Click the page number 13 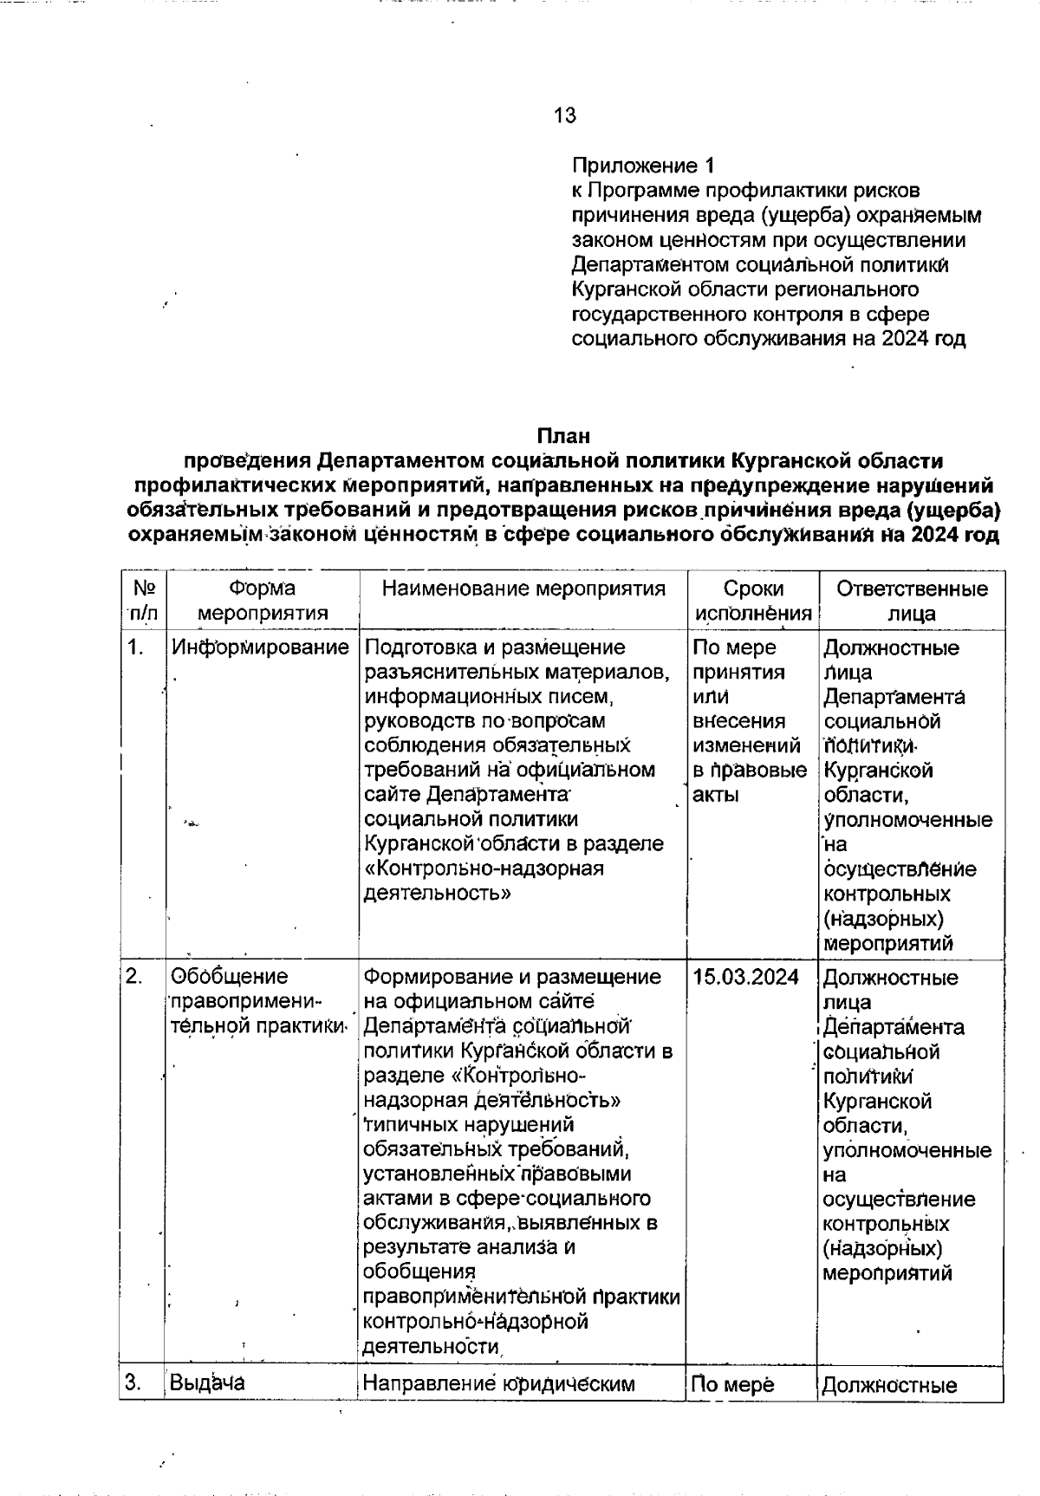click(564, 115)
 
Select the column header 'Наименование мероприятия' click(523, 589)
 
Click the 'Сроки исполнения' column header click(752, 601)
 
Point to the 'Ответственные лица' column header click(912, 601)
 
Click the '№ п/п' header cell click(144, 601)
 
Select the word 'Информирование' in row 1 click(260, 647)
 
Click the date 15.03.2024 click(745, 977)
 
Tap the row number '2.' click(134, 977)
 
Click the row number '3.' click(134, 1382)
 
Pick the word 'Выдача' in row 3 click(207, 1382)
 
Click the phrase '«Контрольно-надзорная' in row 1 click(484, 868)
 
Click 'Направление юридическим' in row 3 click(498, 1382)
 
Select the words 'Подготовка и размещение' click(495, 647)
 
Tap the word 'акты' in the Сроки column click(716, 795)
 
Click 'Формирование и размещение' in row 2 click(511, 977)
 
